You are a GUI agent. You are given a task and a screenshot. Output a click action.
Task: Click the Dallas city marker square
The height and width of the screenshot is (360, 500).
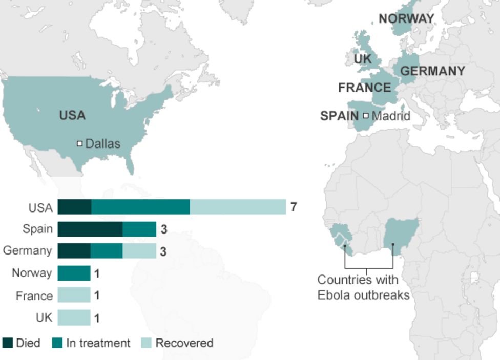(x=79, y=144)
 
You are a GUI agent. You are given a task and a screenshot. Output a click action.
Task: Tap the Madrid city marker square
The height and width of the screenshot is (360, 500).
(x=366, y=116)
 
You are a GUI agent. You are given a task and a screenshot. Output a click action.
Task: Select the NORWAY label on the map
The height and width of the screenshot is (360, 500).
(x=406, y=19)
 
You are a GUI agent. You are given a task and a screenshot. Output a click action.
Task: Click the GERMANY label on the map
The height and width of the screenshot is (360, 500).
(x=432, y=71)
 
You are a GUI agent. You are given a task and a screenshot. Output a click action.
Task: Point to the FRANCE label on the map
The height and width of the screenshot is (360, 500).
(x=364, y=88)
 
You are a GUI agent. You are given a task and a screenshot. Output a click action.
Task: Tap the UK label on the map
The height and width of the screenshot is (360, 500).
(x=363, y=59)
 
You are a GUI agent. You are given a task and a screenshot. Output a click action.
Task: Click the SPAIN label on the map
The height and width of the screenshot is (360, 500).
(x=339, y=116)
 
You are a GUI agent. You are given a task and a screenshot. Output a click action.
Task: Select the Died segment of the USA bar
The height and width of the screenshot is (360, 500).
(x=74, y=207)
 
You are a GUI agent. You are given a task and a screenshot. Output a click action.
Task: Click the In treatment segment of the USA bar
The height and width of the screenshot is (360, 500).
(x=140, y=207)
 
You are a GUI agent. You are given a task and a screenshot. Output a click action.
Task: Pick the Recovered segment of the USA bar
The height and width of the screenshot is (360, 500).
(x=238, y=207)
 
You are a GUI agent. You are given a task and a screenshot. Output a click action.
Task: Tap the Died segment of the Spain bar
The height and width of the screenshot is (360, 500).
(x=90, y=229)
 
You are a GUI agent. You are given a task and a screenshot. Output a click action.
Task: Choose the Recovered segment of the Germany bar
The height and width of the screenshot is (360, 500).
(x=139, y=251)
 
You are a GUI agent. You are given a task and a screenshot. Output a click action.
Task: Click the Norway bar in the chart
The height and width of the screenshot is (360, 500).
(x=74, y=273)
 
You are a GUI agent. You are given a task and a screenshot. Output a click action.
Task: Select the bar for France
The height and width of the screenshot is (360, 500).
(x=74, y=295)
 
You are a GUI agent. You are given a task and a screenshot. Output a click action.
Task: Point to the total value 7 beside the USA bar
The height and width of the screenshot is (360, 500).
(x=294, y=207)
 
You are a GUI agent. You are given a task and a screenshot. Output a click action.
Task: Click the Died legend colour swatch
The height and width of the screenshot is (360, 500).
(x=8, y=343)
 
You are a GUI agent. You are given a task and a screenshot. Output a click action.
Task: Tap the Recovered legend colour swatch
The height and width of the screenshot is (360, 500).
(x=146, y=343)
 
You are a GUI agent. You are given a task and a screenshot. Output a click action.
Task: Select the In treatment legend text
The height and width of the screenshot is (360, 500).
(x=98, y=343)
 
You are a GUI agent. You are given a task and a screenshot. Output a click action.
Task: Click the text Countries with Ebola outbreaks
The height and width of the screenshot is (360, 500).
(x=363, y=288)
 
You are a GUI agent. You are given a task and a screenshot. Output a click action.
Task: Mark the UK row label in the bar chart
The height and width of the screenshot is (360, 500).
(x=44, y=317)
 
